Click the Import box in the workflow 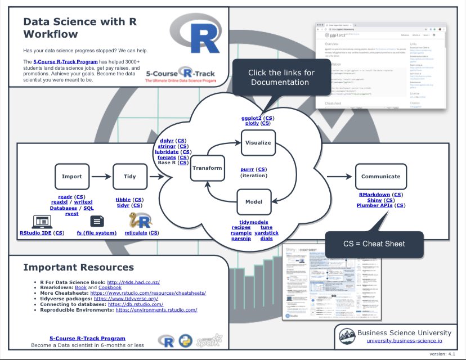click(71, 176)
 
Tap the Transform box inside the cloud click(207, 168)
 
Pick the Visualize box click(258, 142)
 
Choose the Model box click(253, 201)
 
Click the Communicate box click(380, 176)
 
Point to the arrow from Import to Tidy click(101, 176)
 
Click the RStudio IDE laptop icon click(42, 220)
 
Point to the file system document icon click(97, 220)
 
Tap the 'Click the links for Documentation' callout click(281, 78)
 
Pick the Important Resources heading click(79, 267)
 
